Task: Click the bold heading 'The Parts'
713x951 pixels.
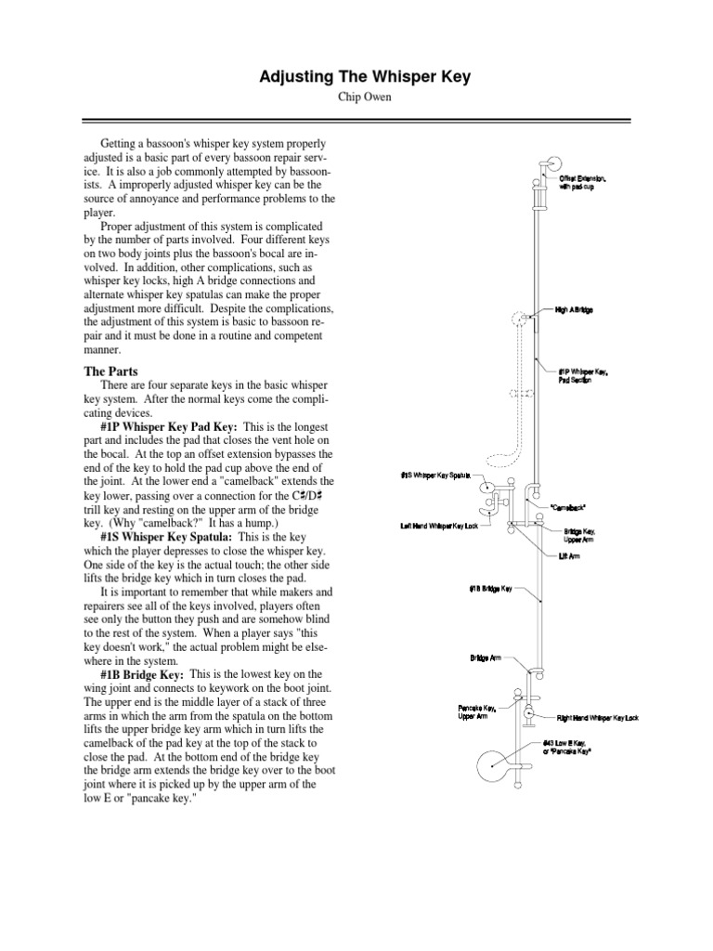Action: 110,371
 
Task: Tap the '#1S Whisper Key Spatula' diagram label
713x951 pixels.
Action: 435,475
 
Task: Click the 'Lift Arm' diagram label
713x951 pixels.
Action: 568,557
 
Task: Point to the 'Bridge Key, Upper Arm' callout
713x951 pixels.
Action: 582,537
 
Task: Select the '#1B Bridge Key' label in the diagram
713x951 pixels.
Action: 490,588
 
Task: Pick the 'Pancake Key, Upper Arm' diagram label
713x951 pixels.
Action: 477,710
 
